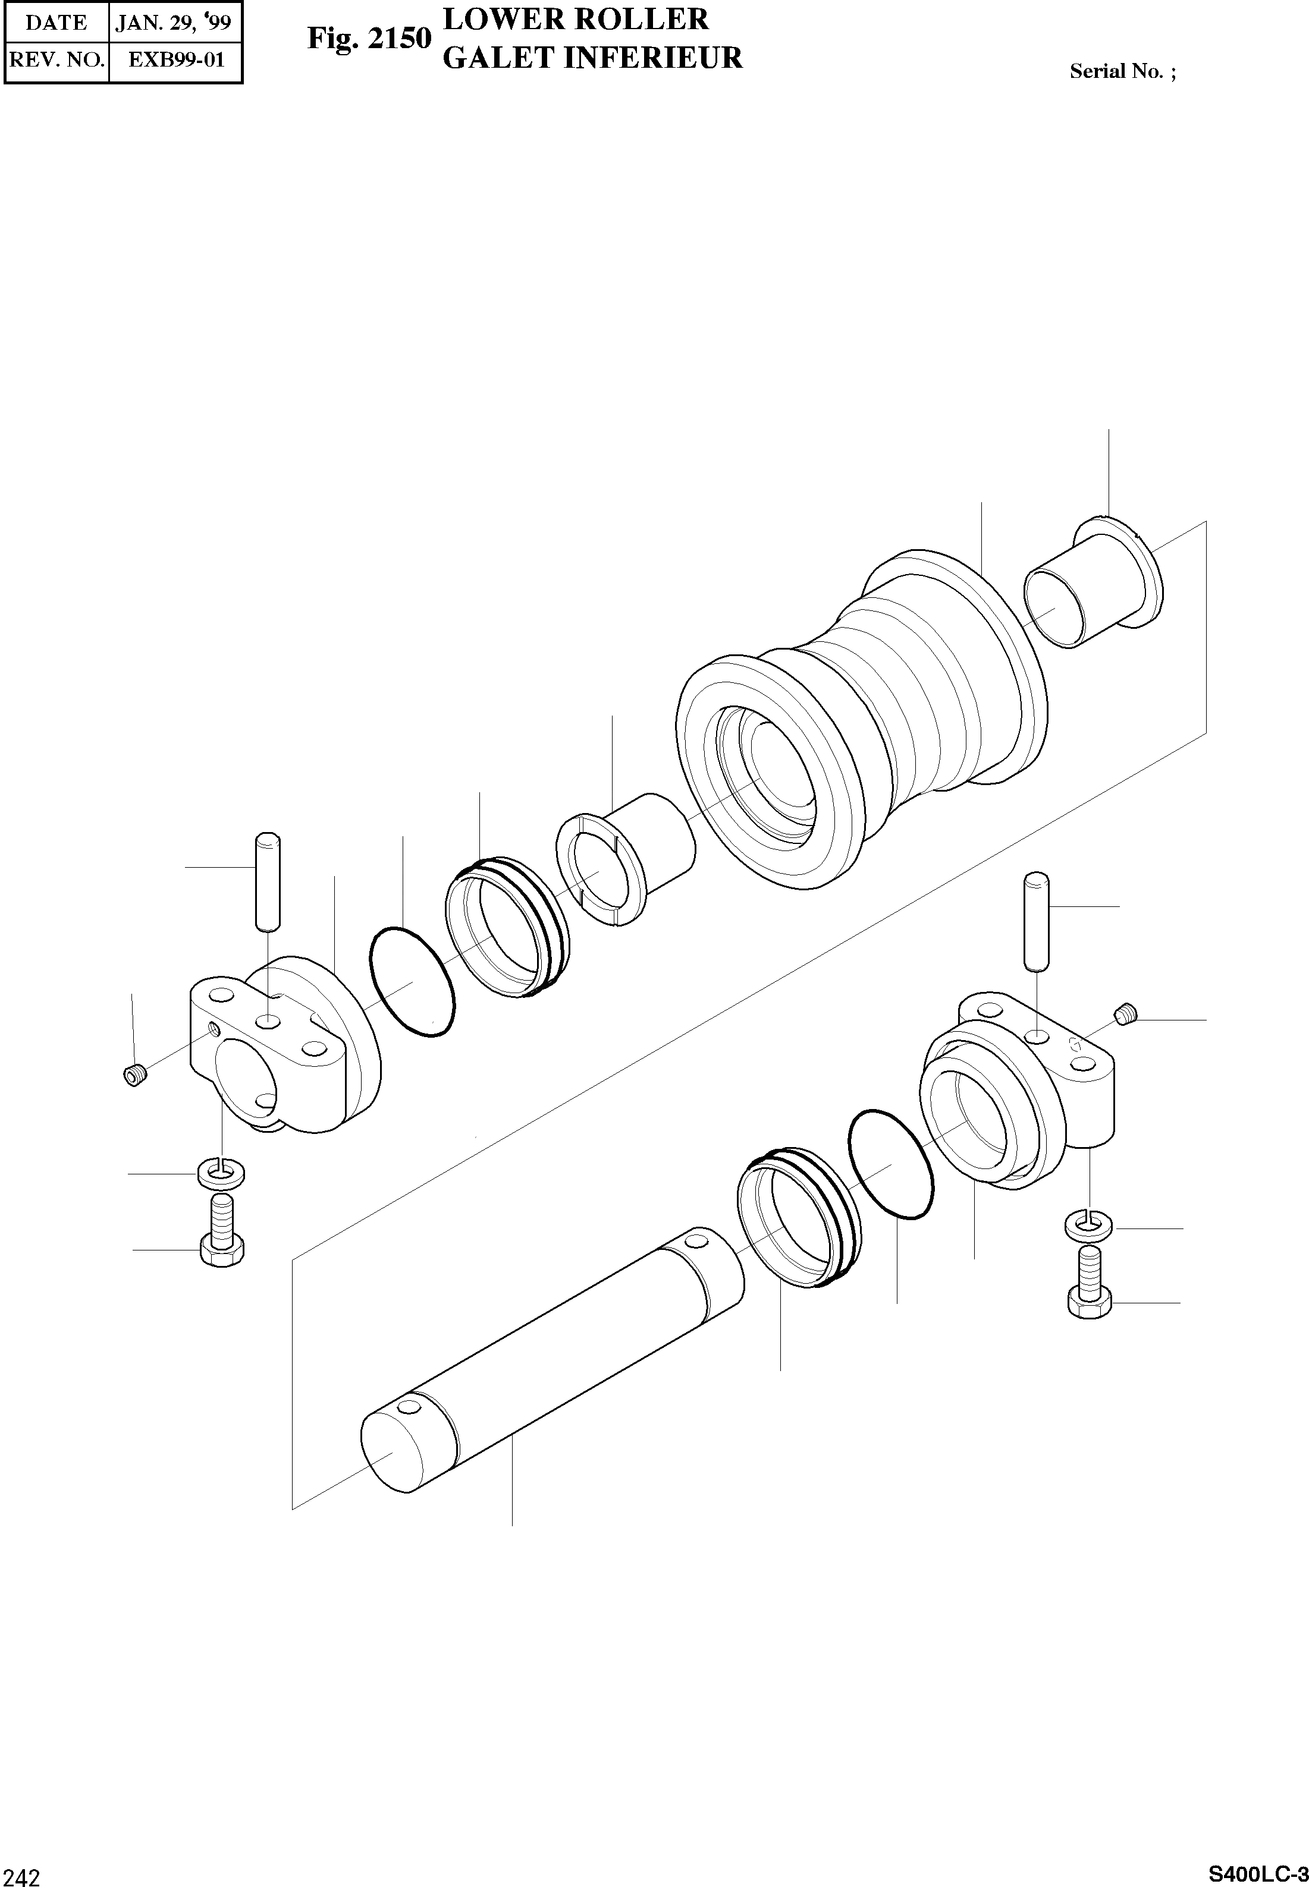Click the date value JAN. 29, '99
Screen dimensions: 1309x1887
174,21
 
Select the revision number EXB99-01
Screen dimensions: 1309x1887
175,60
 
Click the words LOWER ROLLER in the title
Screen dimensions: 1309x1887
575,19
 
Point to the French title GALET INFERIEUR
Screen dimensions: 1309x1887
592,58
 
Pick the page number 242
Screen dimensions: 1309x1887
21,1872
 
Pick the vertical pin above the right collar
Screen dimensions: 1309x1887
1036,921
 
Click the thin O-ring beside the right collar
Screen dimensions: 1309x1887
891,1164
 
